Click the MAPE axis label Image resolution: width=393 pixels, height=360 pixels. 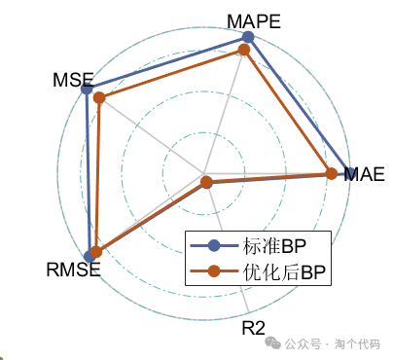[254, 20]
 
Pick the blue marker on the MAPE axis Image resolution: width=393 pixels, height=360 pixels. [248, 37]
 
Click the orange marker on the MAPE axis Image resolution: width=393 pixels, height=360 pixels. [244, 50]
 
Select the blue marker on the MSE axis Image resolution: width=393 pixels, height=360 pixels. [88, 90]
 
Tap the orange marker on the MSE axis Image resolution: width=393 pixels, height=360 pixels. [99, 97]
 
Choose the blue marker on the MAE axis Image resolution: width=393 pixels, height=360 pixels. [347, 174]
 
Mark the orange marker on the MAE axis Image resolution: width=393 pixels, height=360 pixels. [331, 174]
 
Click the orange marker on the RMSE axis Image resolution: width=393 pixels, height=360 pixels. [95, 252]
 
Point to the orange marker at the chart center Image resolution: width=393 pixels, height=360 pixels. [205, 182]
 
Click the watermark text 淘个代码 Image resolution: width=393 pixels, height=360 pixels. [357, 343]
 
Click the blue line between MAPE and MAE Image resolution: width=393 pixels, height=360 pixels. [297, 104]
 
